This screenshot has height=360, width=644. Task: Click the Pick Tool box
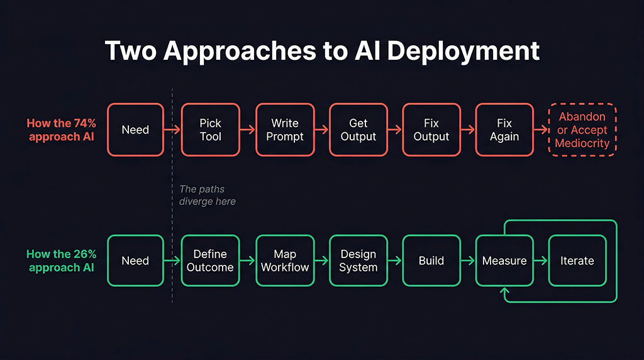[210, 130]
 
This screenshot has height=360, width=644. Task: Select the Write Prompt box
[284, 130]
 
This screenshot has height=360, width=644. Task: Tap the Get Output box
[358, 130]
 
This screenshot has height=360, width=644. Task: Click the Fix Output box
[431, 130]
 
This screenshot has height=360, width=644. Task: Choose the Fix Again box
[504, 130]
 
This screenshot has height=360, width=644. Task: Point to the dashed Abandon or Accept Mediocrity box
[582, 130]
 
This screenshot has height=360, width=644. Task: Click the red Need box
[135, 130]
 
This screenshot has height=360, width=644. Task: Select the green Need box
[135, 261]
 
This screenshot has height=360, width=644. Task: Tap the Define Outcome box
[210, 261]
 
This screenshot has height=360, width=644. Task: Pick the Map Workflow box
[284, 261]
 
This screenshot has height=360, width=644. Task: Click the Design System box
[358, 261]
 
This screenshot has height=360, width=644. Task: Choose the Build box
[431, 261]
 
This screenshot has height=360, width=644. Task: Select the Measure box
[504, 261]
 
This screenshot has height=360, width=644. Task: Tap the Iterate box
[577, 261]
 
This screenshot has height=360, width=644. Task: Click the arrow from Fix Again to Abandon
[541, 130]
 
